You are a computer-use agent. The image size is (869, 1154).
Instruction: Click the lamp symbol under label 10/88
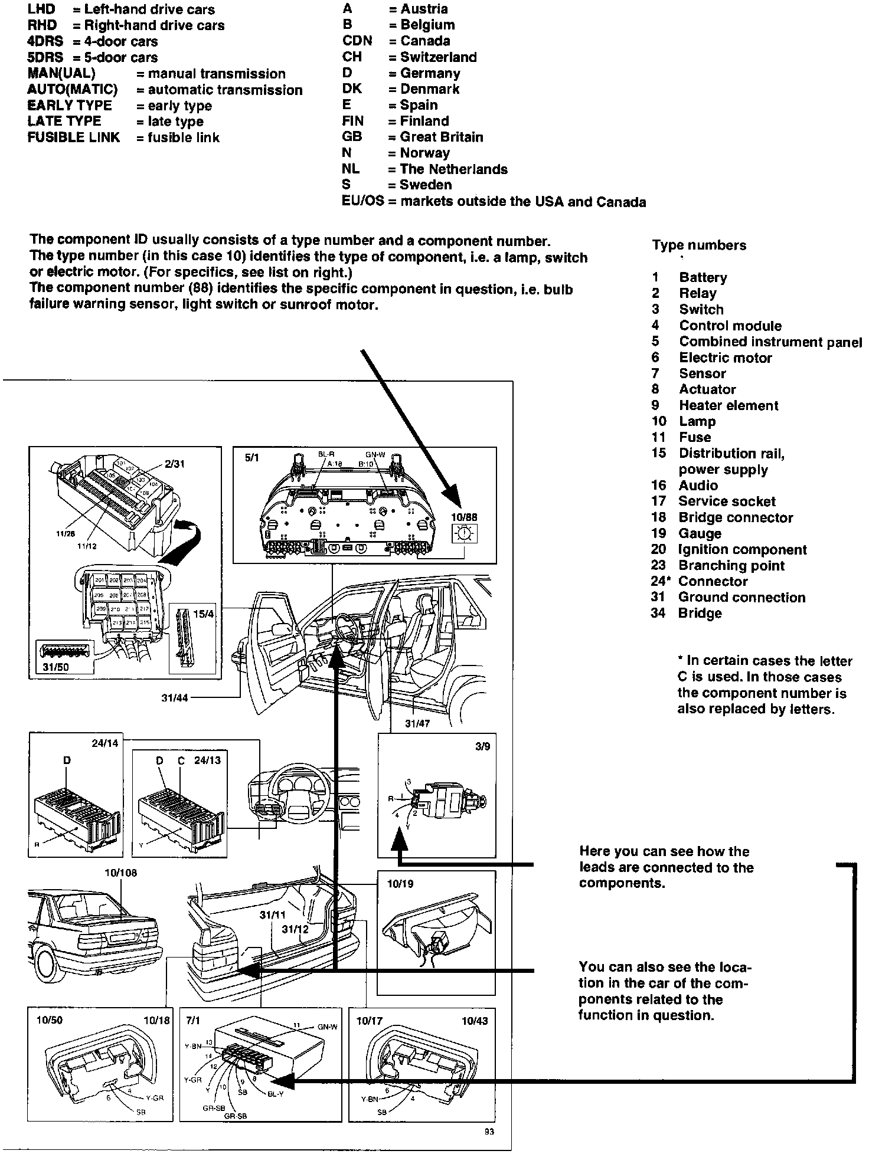pyautogui.click(x=465, y=534)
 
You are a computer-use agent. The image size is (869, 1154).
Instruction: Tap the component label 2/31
pyautogui.click(x=175, y=464)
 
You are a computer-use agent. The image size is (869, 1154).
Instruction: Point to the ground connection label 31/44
pyautogui.click(x=175, y=698)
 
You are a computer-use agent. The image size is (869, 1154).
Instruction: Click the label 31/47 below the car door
pyautogui.click(x=417, y=723)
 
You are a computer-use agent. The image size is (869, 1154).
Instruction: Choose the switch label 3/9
pyautogui.click(x=482, y=746)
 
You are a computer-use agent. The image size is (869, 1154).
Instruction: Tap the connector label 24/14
pyautogui.click(x=104, y=743)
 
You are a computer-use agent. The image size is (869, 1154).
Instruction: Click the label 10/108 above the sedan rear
pyautogui.click(x=120, y=873)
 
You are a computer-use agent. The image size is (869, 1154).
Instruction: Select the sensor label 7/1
pyautogui.click(x=193, y=1021)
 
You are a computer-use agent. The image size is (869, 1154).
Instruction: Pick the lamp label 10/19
pyautogui.click(x=400, y=884)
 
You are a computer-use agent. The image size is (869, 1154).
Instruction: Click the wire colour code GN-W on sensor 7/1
pyautogui.click(x=328, y=1027)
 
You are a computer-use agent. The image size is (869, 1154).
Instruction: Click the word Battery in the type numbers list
pyautogui.click(x=703, y=277)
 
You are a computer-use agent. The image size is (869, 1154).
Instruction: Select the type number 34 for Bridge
pyautogui.click(x=658, y=613)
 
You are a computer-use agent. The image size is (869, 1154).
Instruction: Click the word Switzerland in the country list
pyautogui.click(x=438, y=57)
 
